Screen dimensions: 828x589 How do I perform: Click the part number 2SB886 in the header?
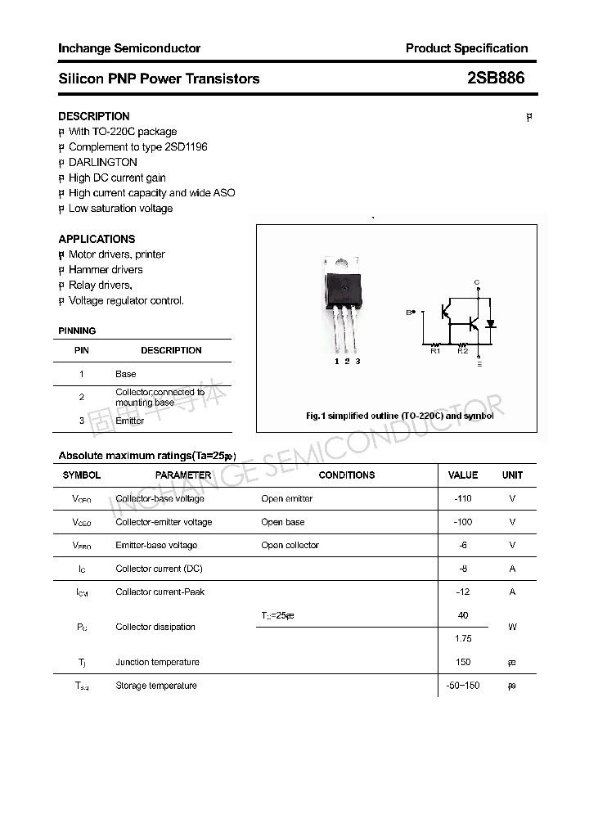496,79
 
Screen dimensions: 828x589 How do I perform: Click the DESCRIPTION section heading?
94,116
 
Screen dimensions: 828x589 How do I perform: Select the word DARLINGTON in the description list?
103,162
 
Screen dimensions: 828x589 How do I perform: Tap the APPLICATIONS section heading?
97,239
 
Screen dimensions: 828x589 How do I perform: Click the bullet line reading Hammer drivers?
106,269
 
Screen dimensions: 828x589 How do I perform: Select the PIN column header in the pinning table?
82,350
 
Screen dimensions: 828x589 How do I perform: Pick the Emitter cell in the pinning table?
129,421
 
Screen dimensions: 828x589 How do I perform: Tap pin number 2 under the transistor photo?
347,361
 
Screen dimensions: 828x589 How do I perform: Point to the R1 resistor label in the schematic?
435,351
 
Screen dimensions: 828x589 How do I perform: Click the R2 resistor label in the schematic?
462,351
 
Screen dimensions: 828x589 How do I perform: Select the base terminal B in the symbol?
410,312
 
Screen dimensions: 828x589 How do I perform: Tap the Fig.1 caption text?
399,416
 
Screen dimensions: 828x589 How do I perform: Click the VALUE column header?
463,475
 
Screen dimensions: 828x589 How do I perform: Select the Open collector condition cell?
290,545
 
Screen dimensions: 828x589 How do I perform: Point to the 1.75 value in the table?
463,638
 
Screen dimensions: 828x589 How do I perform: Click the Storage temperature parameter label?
156,686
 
